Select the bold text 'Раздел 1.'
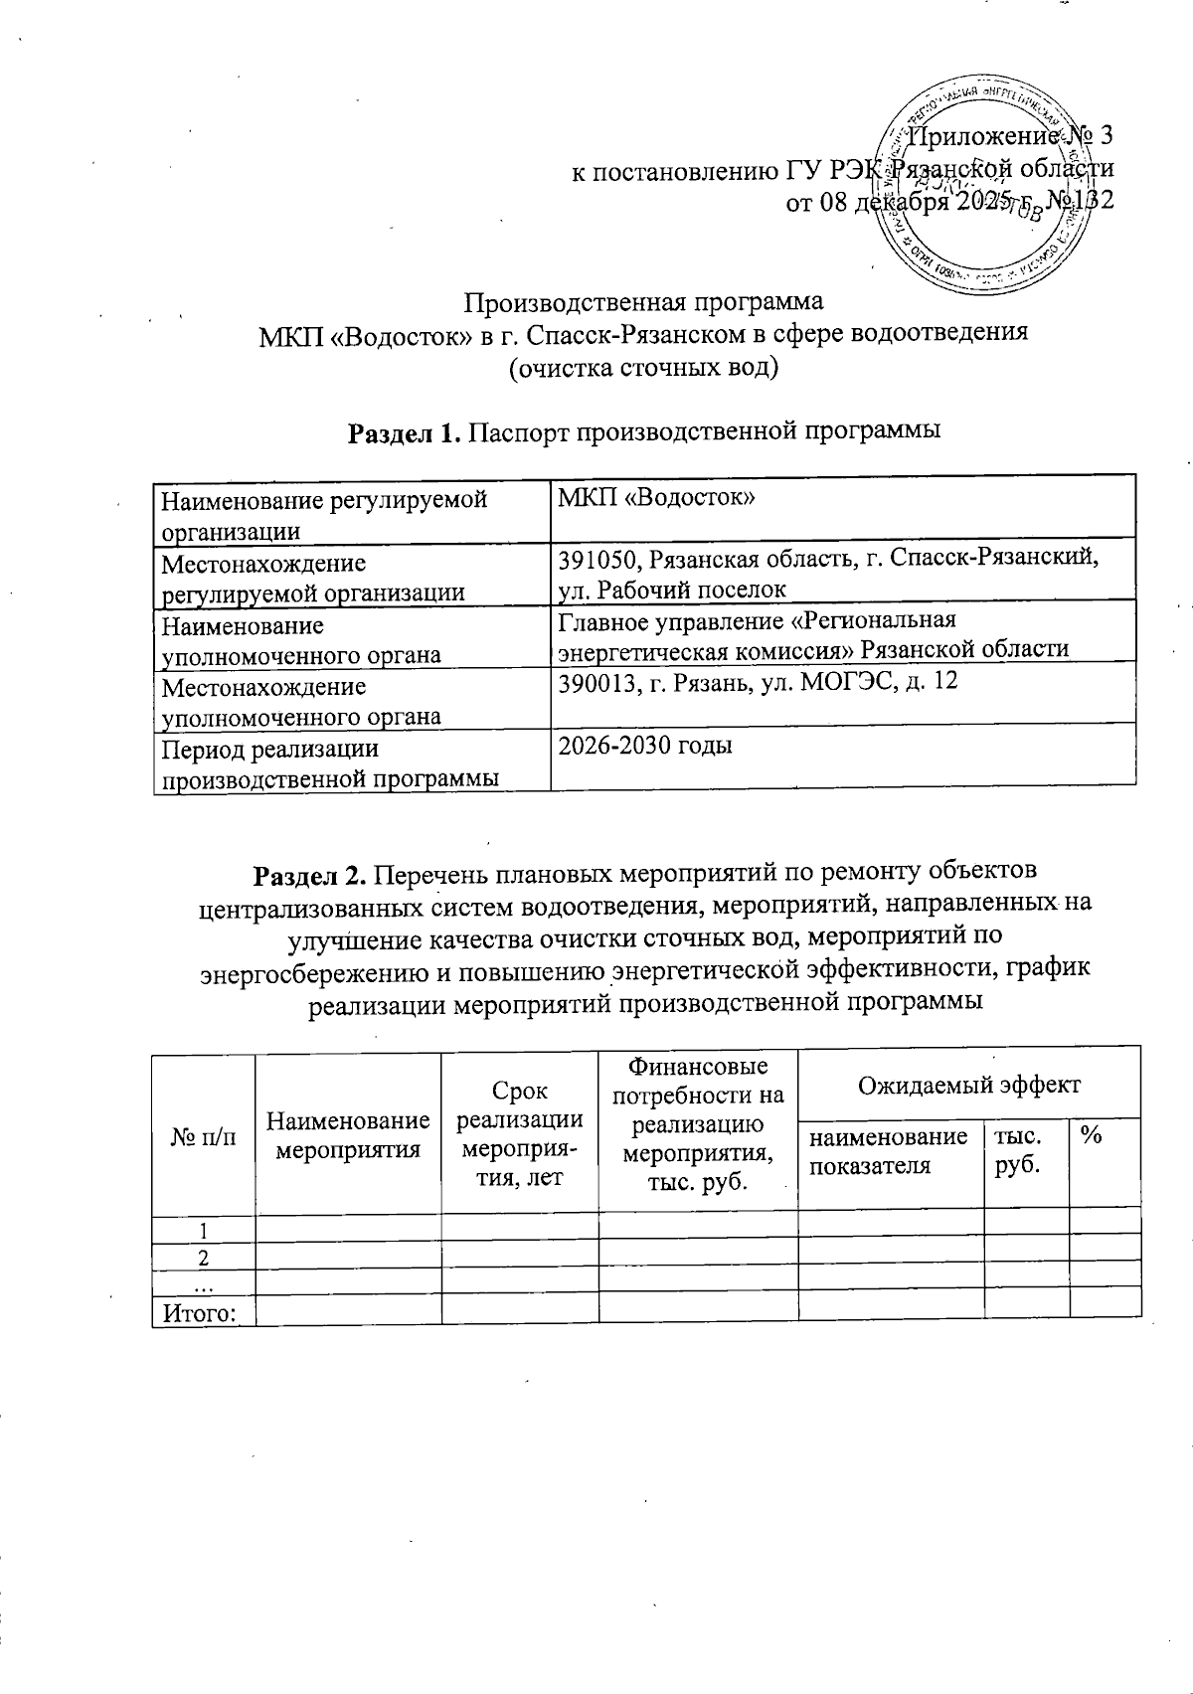click(404, 432)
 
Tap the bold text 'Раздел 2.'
click(312, 873)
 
